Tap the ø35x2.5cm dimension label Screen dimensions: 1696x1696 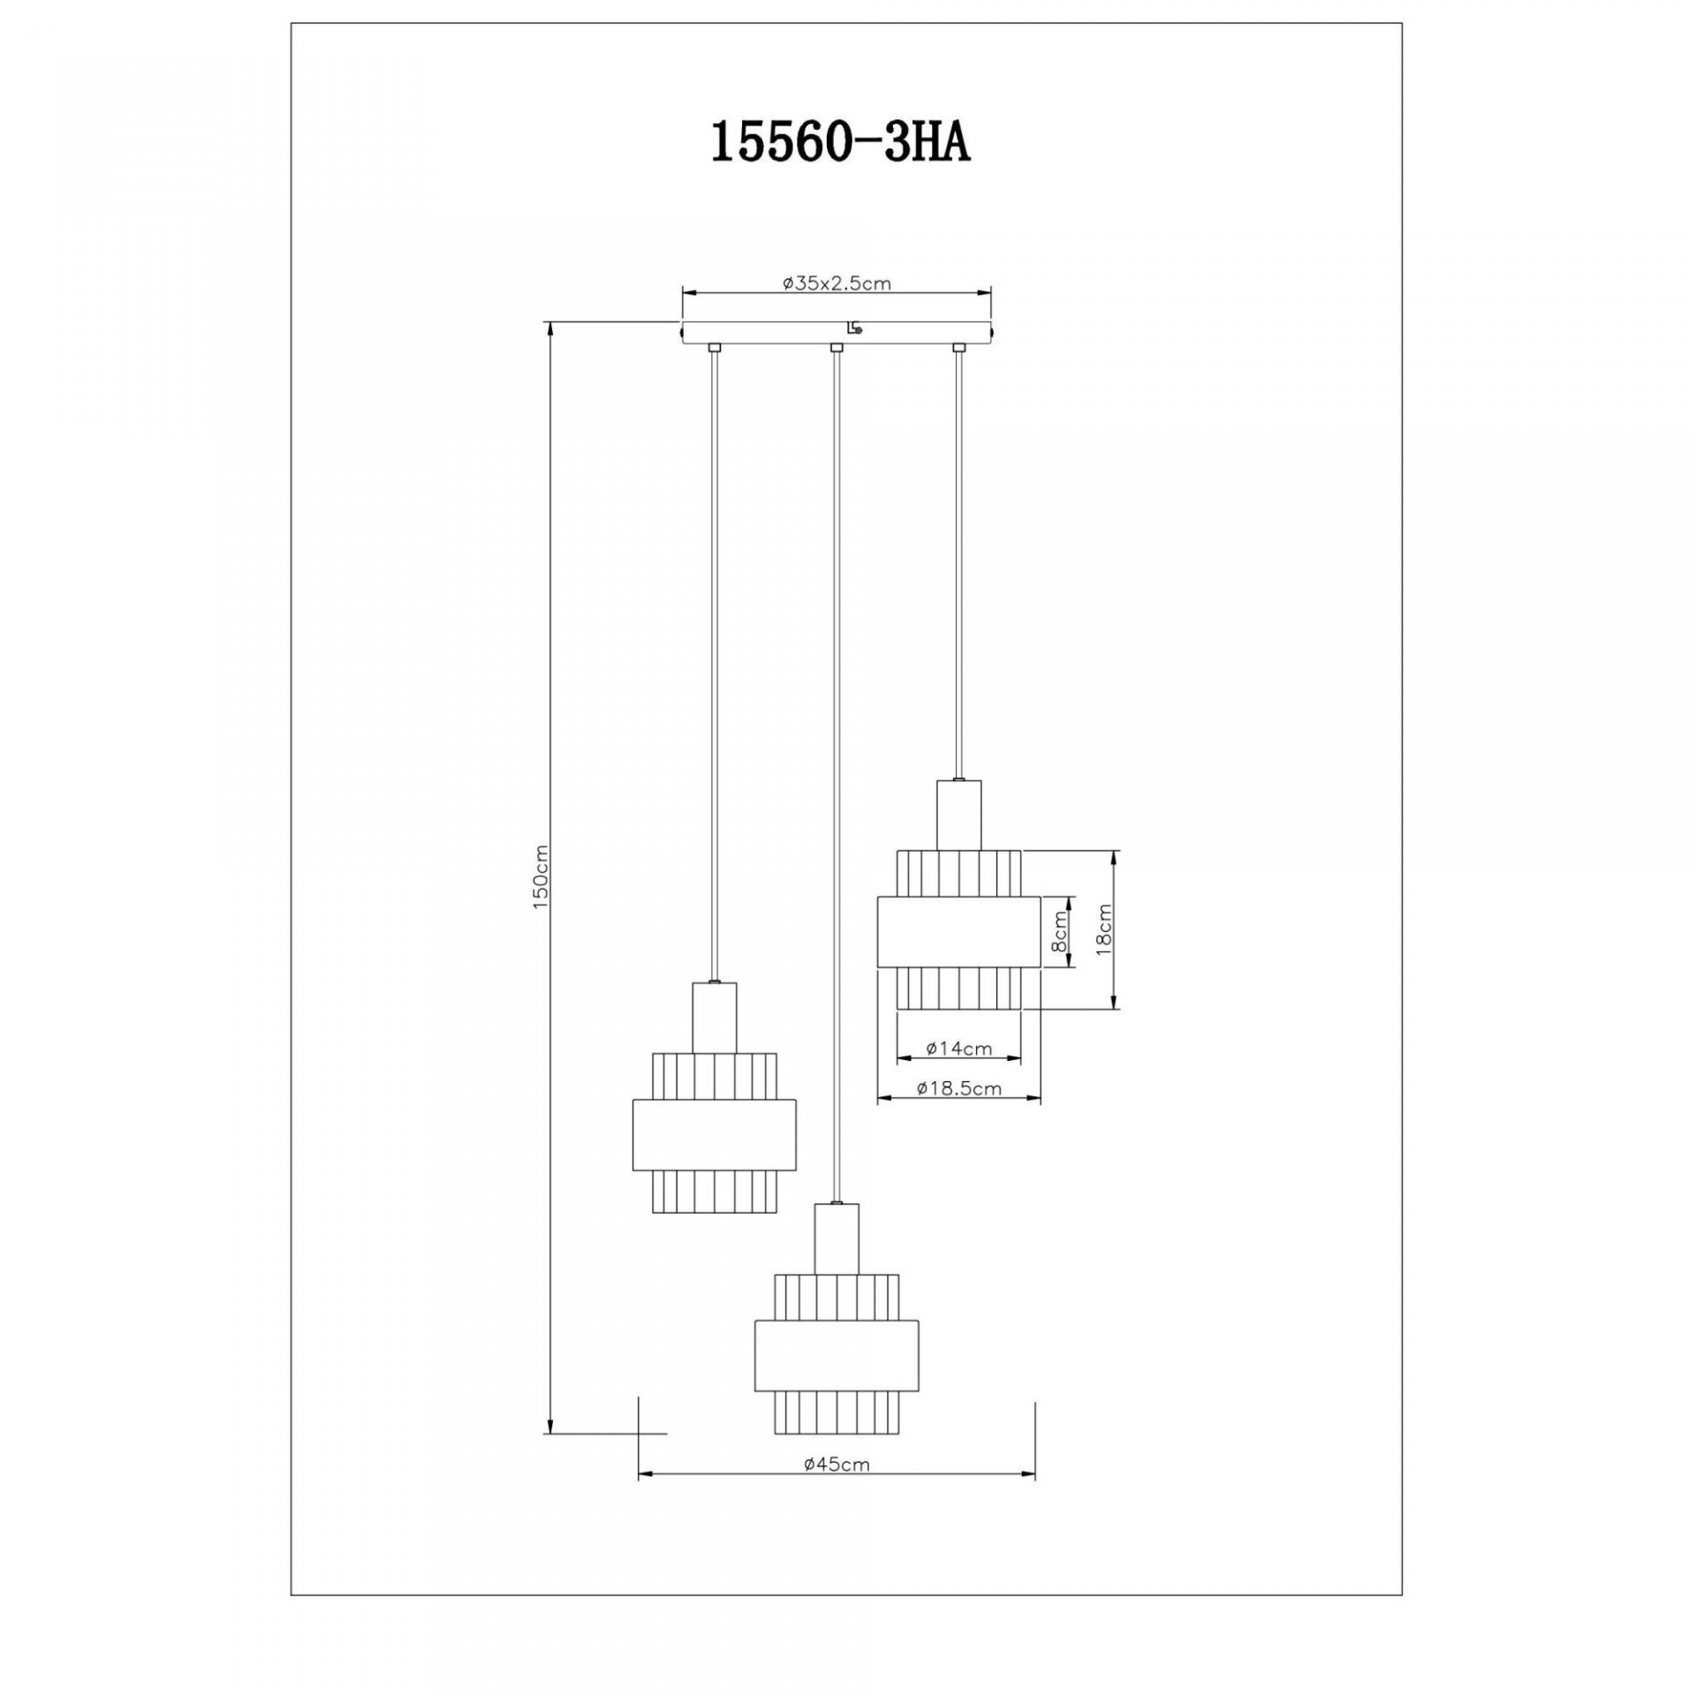(x=836, y=284)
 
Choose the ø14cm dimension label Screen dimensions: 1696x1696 (x=959, y=1049)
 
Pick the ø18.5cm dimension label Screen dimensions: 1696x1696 (x=959, y=1089)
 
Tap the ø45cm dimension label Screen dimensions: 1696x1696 (x=837, y=1464)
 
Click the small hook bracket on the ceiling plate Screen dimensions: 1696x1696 (x=853, y=329)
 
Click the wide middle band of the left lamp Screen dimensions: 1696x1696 (x=715, y=1134)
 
